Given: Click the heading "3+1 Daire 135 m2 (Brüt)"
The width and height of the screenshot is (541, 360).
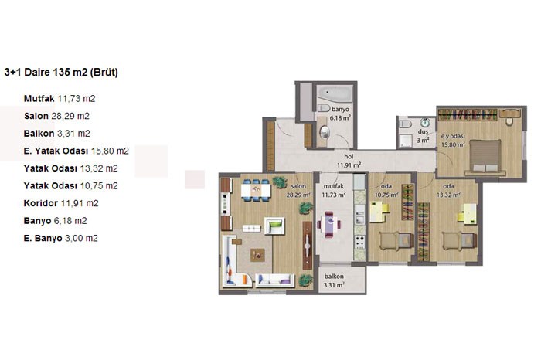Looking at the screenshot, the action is click(61, 73).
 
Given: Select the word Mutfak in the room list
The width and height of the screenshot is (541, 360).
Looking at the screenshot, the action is click(39, 99).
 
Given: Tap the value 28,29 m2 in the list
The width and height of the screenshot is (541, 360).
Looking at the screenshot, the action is click(70, 116).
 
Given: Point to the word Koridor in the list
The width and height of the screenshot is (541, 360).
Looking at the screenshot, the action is click(41, 203).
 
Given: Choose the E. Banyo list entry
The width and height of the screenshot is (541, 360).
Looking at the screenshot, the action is click(61, 238).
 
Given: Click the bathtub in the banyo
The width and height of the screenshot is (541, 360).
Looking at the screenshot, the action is click(335, 93).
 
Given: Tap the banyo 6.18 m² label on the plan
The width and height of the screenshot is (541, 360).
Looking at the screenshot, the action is click(340, 114).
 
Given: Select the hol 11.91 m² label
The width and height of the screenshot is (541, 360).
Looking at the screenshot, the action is click(349, 161).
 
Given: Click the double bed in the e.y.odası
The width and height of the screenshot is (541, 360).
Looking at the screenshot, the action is click(486, 156).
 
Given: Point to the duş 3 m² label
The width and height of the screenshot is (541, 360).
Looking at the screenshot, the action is click(423, 136).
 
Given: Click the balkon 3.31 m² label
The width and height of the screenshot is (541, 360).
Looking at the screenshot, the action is click(334, 280).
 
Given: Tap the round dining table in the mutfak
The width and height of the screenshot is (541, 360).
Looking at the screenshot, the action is click(329, 225).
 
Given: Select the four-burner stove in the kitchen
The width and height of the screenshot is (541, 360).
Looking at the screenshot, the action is click(359, 241).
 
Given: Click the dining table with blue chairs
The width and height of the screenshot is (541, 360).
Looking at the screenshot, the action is click(256, 190).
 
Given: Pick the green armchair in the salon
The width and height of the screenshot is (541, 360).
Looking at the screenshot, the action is click(274, 226).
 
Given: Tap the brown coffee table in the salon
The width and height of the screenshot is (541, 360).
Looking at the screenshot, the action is click(257, 255).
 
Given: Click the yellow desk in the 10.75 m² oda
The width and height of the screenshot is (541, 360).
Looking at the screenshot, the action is click(379, 212).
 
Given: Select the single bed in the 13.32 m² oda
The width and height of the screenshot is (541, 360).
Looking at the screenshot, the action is click(460, 241).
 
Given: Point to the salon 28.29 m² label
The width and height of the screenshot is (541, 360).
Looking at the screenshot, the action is click(298, 190).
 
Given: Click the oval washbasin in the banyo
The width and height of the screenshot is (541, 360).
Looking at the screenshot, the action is click(325, 132).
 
